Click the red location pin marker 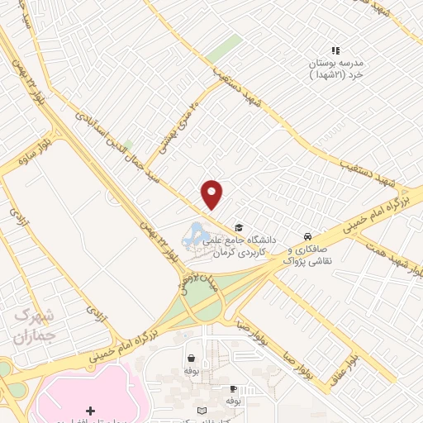212,193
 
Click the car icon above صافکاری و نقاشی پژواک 307,234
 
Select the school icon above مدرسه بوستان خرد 335,50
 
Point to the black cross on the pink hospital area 91,411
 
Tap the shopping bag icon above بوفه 192,359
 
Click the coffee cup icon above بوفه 234,388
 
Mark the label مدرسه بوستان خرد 335,69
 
